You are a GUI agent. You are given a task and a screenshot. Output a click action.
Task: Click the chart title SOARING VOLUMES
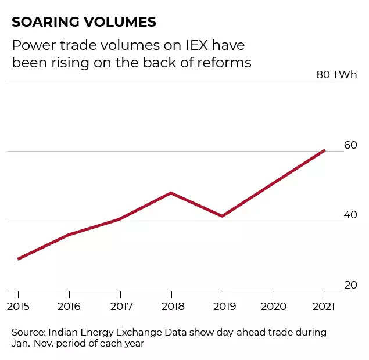click(84, 22)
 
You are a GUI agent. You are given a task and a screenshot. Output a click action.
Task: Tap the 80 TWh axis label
click(337, 75)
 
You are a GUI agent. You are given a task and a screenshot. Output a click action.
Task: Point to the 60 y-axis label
click(350, 145)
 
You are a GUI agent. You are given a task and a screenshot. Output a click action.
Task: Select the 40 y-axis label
click(350, 215)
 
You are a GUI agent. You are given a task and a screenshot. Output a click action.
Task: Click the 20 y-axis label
click(350, 285)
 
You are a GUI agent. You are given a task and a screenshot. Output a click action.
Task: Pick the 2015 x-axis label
click(18, 306)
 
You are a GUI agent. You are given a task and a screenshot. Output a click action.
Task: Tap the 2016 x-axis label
click(69, 306)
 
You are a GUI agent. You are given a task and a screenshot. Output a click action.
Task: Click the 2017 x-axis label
click(120, 306)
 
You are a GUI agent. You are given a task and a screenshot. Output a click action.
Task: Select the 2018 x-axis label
click(171, 306)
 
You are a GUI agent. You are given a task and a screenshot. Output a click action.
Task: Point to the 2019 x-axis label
click(223, 306)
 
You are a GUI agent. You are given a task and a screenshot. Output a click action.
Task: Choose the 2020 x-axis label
click(274, 306)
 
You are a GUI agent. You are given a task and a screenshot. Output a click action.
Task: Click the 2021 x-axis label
click(324, 306)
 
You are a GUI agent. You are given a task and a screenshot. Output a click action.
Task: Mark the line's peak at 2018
click(171, 193)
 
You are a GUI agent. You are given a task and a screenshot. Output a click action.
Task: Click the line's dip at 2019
click(222, 216)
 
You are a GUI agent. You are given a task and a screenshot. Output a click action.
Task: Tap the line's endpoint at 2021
click(324, 150)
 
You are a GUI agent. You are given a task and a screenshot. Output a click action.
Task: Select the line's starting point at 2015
click(19, 258)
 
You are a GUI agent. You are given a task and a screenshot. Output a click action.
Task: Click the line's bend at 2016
click(69, 235)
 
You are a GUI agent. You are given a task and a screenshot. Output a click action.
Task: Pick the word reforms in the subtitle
click(225, 63)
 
